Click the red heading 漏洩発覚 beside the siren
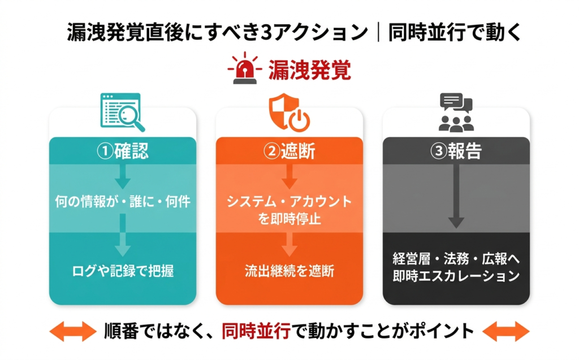310,71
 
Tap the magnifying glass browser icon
122,112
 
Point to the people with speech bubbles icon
456,112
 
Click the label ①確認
123,151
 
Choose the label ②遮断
289,151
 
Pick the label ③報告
456,151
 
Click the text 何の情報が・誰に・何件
123,201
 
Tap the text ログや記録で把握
123,271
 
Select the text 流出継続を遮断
289,271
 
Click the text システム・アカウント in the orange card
289,202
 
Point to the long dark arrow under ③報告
456,198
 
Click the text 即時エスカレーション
456,276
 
